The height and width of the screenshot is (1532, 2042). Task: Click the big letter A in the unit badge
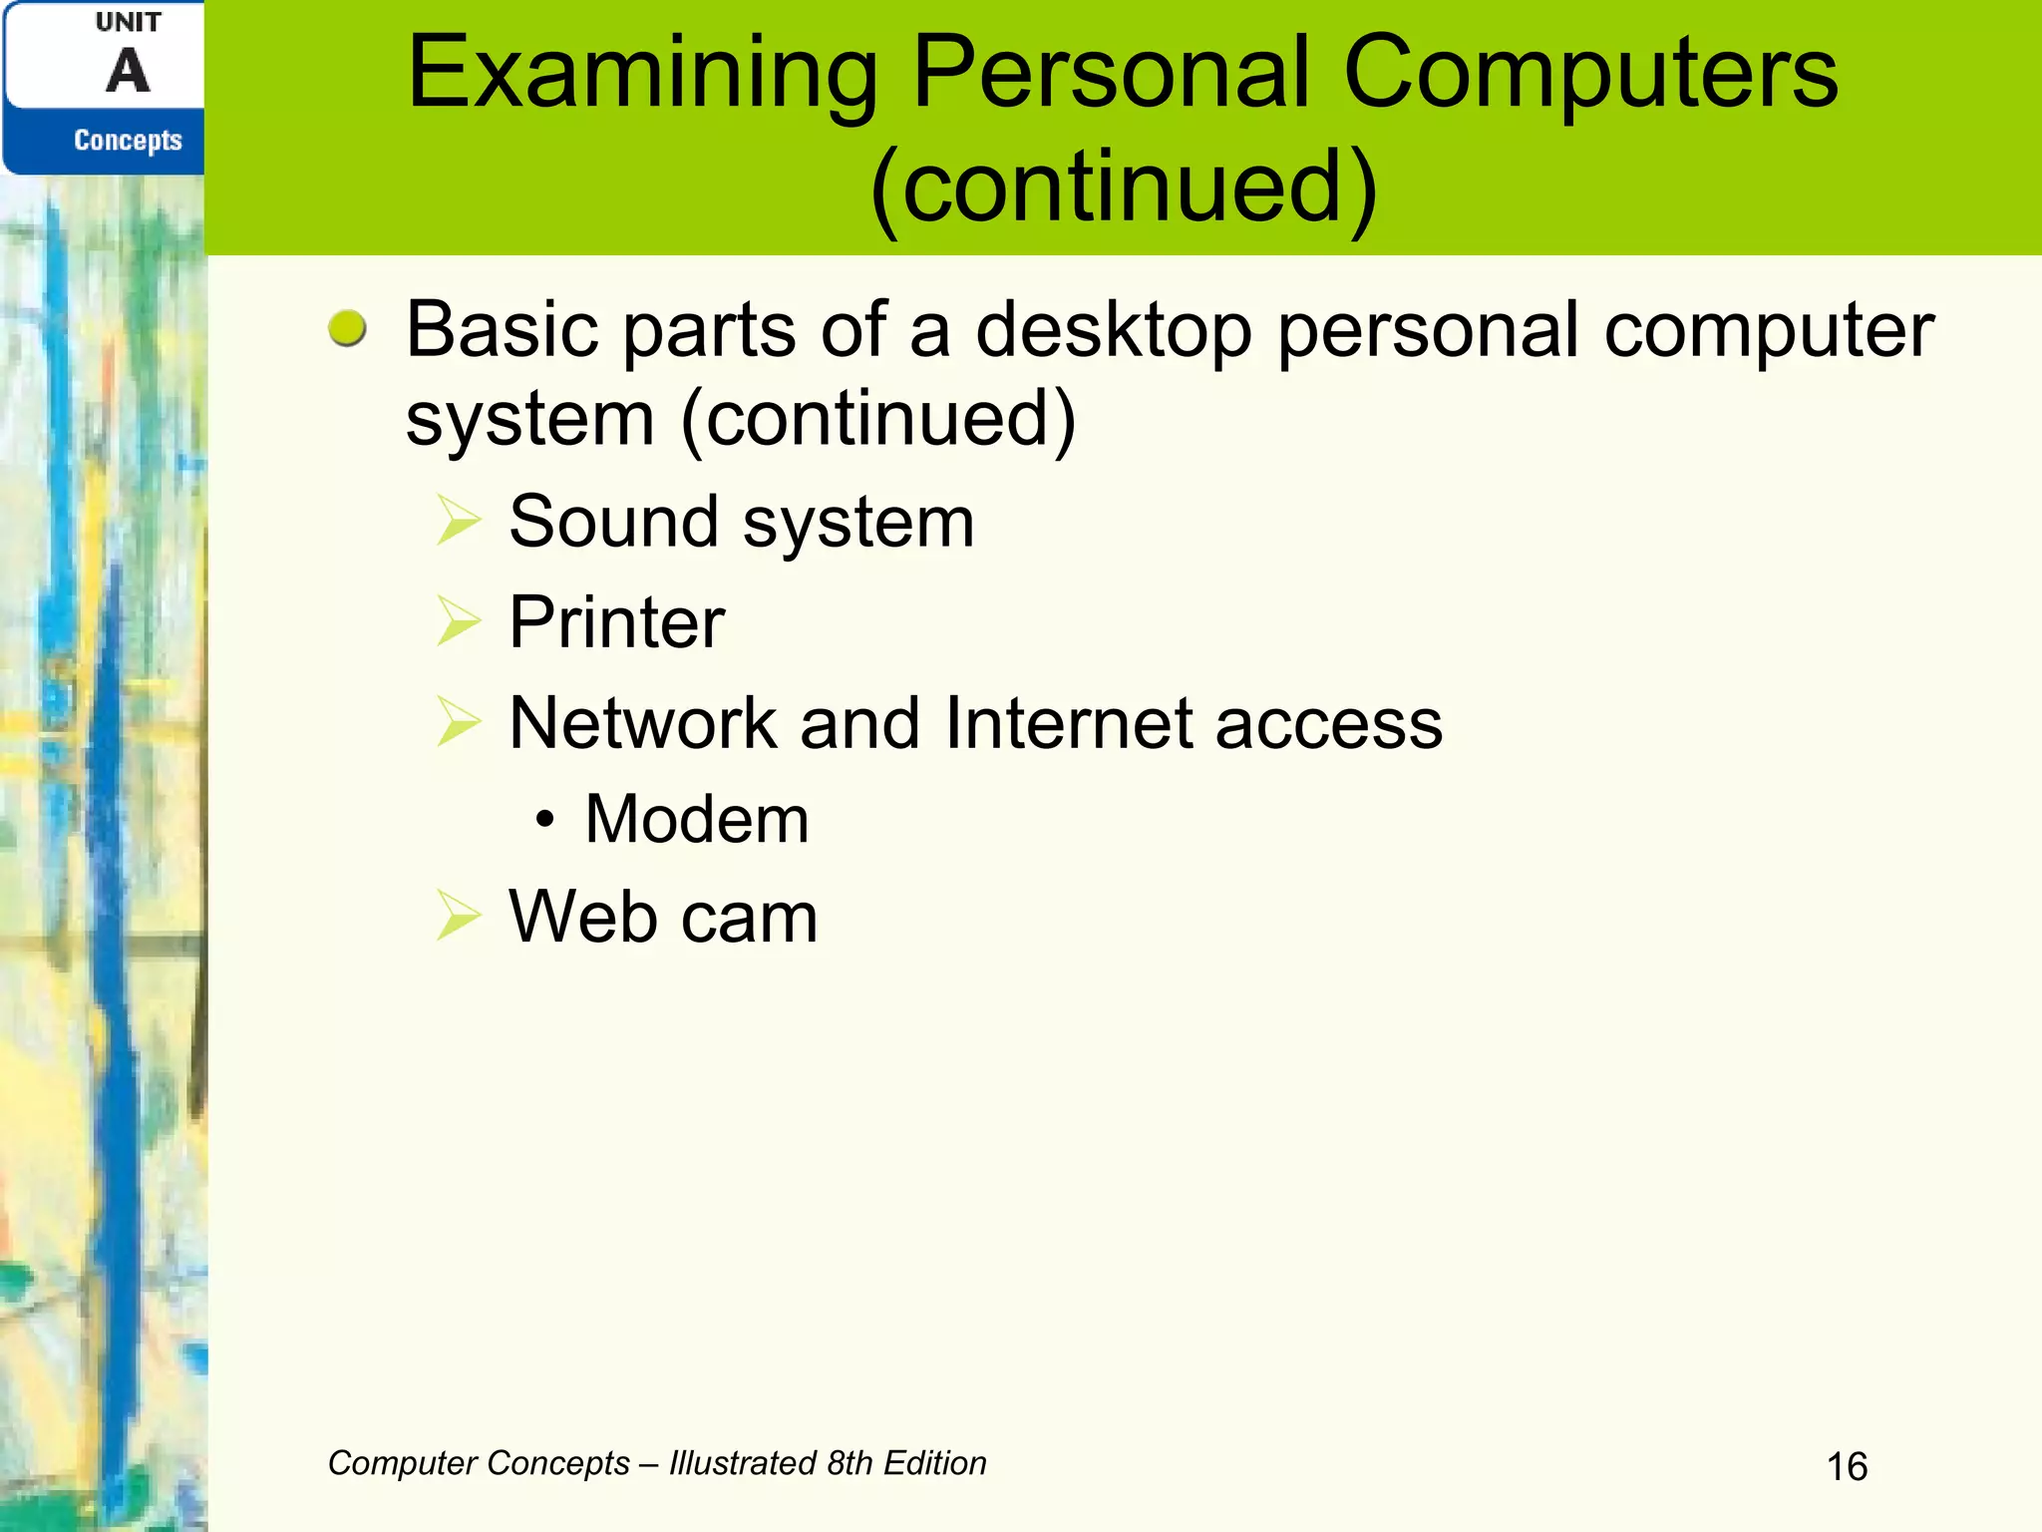[128, 72]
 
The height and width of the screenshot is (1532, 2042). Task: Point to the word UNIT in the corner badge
[128, 22]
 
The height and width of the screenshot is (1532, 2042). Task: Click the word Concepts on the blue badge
[128, 141]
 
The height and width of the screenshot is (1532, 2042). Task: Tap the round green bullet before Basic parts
[347, 328]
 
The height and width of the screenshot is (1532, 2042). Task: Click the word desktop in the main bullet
[1114, 331]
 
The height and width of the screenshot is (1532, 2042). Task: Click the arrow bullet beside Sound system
[459, 521]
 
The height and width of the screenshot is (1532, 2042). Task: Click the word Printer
[616, 622]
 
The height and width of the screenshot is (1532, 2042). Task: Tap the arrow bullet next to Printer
[459, 621]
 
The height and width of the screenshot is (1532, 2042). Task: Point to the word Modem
[696, 820]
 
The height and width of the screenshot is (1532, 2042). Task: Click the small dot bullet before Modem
[543, 821]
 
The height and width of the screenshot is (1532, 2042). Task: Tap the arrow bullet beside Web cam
[459, 916]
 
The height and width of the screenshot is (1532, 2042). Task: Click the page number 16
[1847, 1467]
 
